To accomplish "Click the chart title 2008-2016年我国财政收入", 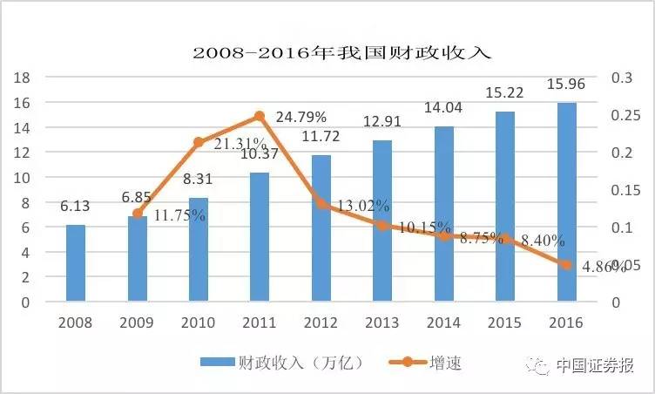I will pos(342,51).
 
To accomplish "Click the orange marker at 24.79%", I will pos(260,116).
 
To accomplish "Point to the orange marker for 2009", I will pos(138,213).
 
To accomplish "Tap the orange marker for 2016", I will pos(566,265).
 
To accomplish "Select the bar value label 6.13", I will pos(76,208).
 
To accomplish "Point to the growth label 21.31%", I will pos(229,144).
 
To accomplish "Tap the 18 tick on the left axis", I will pos(24,78).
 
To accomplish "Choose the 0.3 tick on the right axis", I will pos(621,78).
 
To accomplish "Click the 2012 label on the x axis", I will pos(321,323).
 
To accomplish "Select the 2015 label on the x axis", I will pos(505,323).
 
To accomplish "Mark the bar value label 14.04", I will pos(443,110).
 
